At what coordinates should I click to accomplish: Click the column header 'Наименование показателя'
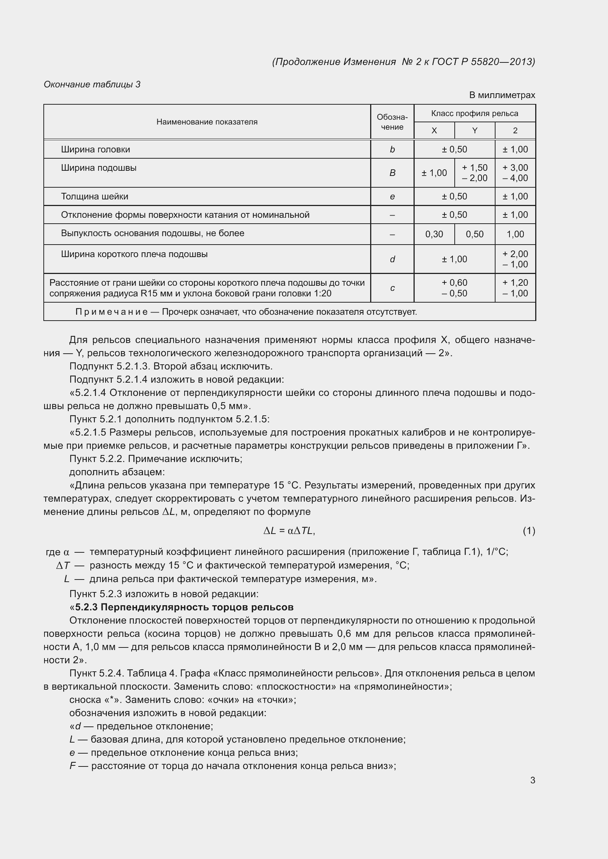click(207, 122)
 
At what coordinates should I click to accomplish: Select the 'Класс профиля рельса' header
click(474, 113)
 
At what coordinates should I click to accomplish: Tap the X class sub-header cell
click(434, 131)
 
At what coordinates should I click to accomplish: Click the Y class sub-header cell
click(474, 131)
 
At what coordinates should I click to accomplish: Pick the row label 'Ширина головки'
click(96, 149)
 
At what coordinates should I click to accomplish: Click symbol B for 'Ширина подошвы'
click(392, 173)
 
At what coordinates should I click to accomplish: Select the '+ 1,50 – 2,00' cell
click(474, 173)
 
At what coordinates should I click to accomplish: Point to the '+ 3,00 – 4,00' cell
click(515, 173)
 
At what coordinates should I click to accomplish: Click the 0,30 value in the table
click(434, 234)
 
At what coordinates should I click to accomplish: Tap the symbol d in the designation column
click(392, 259)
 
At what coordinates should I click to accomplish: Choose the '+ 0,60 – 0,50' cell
click(454, 288)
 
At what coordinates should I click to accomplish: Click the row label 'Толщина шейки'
click(94, 196)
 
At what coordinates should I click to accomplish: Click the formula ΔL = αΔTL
click(289, 531)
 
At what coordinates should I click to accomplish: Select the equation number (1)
click(529, 531)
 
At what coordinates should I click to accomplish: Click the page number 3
click(532, 780)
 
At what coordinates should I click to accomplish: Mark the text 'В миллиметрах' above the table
click(502, 95)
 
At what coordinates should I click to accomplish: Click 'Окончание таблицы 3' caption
click(92, 84)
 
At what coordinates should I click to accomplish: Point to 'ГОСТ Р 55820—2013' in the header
click(483, 62)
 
